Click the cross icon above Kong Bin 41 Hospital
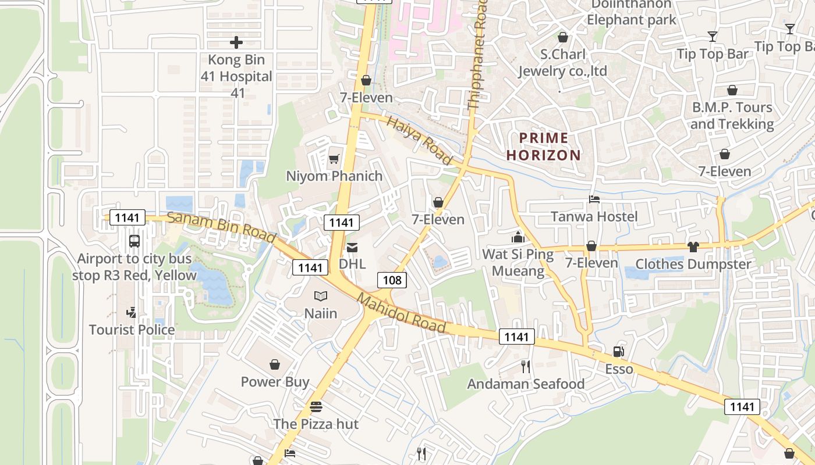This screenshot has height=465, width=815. (236, 42)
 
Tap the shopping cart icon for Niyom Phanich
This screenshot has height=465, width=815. (334, 159)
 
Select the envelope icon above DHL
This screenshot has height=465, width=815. (352, 247)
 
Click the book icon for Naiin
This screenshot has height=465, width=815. (321, 296)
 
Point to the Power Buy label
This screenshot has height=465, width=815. (275, 382)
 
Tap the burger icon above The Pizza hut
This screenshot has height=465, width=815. (316, 406)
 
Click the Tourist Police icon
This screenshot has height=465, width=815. (132, 313)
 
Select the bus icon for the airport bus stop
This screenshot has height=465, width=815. (134, 241)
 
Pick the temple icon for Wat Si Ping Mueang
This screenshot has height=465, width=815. (518, 237)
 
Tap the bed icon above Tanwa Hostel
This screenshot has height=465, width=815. (594, 199)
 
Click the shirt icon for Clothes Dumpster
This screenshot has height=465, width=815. (693, 246)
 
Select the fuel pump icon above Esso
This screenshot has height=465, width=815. (618, 352)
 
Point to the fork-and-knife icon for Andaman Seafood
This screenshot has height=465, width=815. (526, 366)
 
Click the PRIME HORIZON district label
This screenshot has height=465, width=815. (544, 146)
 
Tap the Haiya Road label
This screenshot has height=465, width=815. (419, 139)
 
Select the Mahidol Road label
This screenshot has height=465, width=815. (402, 313)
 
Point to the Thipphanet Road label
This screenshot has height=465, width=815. (477, 55)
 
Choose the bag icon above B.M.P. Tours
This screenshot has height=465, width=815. (732, 90)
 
